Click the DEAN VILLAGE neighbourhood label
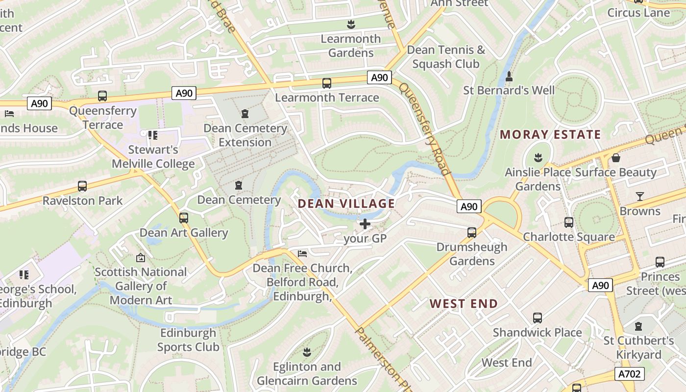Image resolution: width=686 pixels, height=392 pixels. click(346, 203)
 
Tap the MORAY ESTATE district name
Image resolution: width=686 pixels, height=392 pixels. click(550, 134)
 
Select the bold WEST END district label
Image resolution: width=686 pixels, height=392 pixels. click(464, 304)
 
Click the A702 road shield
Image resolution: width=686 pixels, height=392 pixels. click(629, 374)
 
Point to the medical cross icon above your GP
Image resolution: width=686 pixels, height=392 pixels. click(365, 224)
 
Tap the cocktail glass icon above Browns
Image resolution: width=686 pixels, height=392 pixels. click(640, 196)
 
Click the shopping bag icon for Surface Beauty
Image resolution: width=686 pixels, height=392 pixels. click(616, 158)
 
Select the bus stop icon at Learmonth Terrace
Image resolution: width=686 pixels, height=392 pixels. click(327, 83)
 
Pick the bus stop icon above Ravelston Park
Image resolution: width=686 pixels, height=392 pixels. click(82, 186)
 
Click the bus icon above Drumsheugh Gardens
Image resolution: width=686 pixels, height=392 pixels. click(472, 232)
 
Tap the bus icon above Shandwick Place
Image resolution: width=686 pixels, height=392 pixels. click(538, 318)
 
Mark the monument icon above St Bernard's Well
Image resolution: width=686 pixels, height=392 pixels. click(509, 76)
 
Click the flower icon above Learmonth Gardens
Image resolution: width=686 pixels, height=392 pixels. click(351, 24)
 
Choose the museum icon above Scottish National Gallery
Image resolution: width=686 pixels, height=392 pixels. click(141, 257)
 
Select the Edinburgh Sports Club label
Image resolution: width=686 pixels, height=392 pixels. click(188, 340)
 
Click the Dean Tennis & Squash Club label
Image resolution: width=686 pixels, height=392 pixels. click(446, 57)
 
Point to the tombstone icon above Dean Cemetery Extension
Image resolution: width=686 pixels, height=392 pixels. click(245, 114)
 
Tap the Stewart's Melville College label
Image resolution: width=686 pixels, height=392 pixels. click(153, 156)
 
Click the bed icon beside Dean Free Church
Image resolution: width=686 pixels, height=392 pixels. click(302, 253)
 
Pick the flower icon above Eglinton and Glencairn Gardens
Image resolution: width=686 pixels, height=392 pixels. click(307, 352)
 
